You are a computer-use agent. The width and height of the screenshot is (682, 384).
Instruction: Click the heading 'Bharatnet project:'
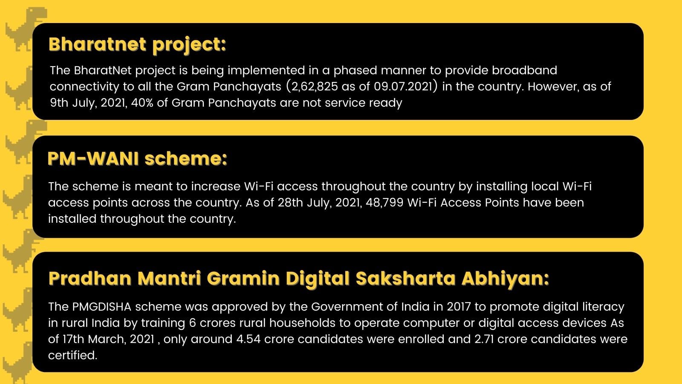point(137,45)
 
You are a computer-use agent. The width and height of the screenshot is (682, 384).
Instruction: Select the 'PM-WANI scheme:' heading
point(137,159)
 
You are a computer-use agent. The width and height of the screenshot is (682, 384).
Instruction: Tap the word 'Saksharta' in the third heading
point(405,278)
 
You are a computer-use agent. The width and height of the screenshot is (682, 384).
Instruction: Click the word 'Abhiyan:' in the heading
point(506,279)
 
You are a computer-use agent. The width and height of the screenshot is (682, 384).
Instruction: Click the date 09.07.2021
point(403,87)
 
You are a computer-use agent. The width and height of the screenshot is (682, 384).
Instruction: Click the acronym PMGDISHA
point(102,307)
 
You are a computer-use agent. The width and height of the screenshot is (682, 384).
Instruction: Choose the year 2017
point(459,307)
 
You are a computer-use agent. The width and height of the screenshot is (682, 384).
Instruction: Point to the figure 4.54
point(249,339)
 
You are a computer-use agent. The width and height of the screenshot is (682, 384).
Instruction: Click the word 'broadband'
point(525,70)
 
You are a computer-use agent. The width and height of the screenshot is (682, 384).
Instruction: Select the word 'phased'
point(355,71)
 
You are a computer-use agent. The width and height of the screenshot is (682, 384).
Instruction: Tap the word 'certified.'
point(73,355)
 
